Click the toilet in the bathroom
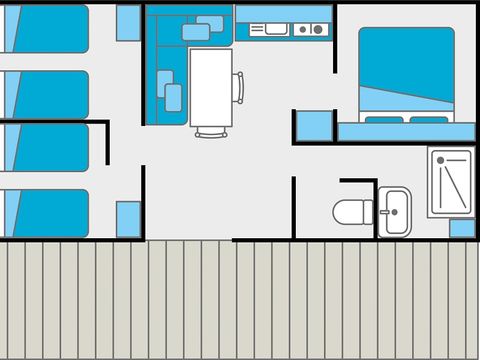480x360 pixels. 350,212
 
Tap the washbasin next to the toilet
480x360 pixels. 394,210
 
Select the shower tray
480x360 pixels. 451,182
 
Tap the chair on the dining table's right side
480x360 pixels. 238,87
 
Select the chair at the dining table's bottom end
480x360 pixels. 210,131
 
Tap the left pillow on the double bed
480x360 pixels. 382,119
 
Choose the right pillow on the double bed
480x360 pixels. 428,119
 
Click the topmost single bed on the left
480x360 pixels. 45,27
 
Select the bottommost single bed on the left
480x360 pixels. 45,212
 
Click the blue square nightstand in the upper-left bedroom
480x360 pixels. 128,22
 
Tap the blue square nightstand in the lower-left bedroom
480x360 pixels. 128,218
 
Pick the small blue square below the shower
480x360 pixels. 462,228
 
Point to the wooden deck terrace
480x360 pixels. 240,300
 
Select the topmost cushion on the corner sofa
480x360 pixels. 210,23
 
